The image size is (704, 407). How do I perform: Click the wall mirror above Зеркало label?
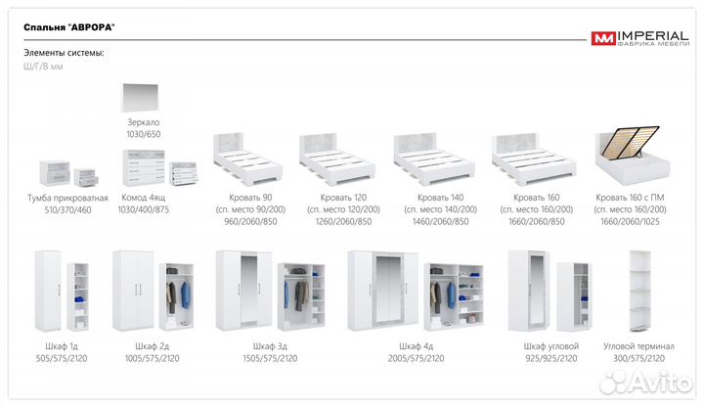148,99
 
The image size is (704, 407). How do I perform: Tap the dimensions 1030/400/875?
144,210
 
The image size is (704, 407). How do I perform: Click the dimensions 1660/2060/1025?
631,222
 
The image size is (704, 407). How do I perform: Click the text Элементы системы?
63,53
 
